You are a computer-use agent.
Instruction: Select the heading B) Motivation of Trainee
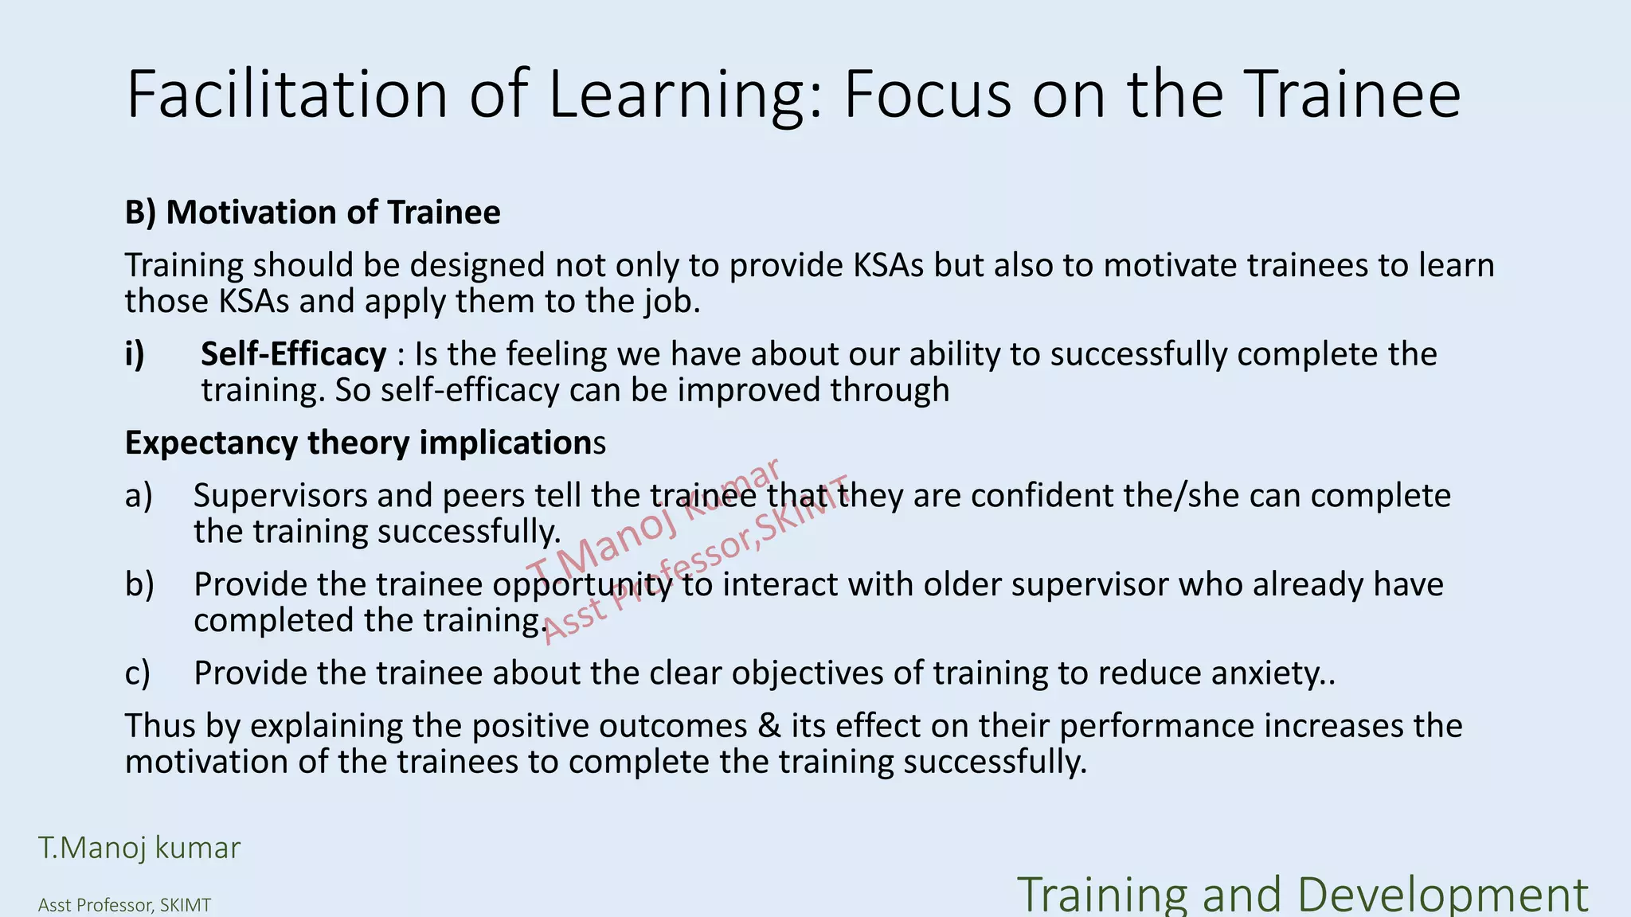tap(312, 213)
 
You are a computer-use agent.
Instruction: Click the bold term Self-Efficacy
tap(293, 354)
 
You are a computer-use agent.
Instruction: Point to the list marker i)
tap(135, 354)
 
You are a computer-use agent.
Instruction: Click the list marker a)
tap(139, 496)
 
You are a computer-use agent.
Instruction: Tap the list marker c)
tap(138, 673)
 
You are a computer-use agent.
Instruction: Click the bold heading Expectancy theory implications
tap(365, 443)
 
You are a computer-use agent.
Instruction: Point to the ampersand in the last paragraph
tap(769, 726)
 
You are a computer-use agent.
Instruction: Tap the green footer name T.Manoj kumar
tap(139, 848)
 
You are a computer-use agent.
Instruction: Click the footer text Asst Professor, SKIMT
tap(124, 905)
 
